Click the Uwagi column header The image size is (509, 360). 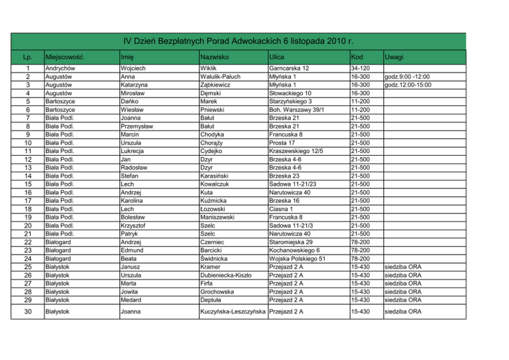pos(397,57)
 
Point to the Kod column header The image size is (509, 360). pos(357,57)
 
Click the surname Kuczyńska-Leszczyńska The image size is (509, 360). pos(233,312)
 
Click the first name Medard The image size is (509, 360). pos(133,300)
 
